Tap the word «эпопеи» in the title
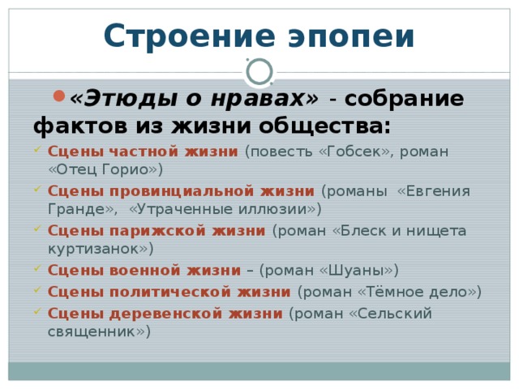coord(347,37)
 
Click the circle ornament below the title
coord(259,72)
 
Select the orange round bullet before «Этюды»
coord(58,96)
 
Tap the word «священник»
coord(96,331)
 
